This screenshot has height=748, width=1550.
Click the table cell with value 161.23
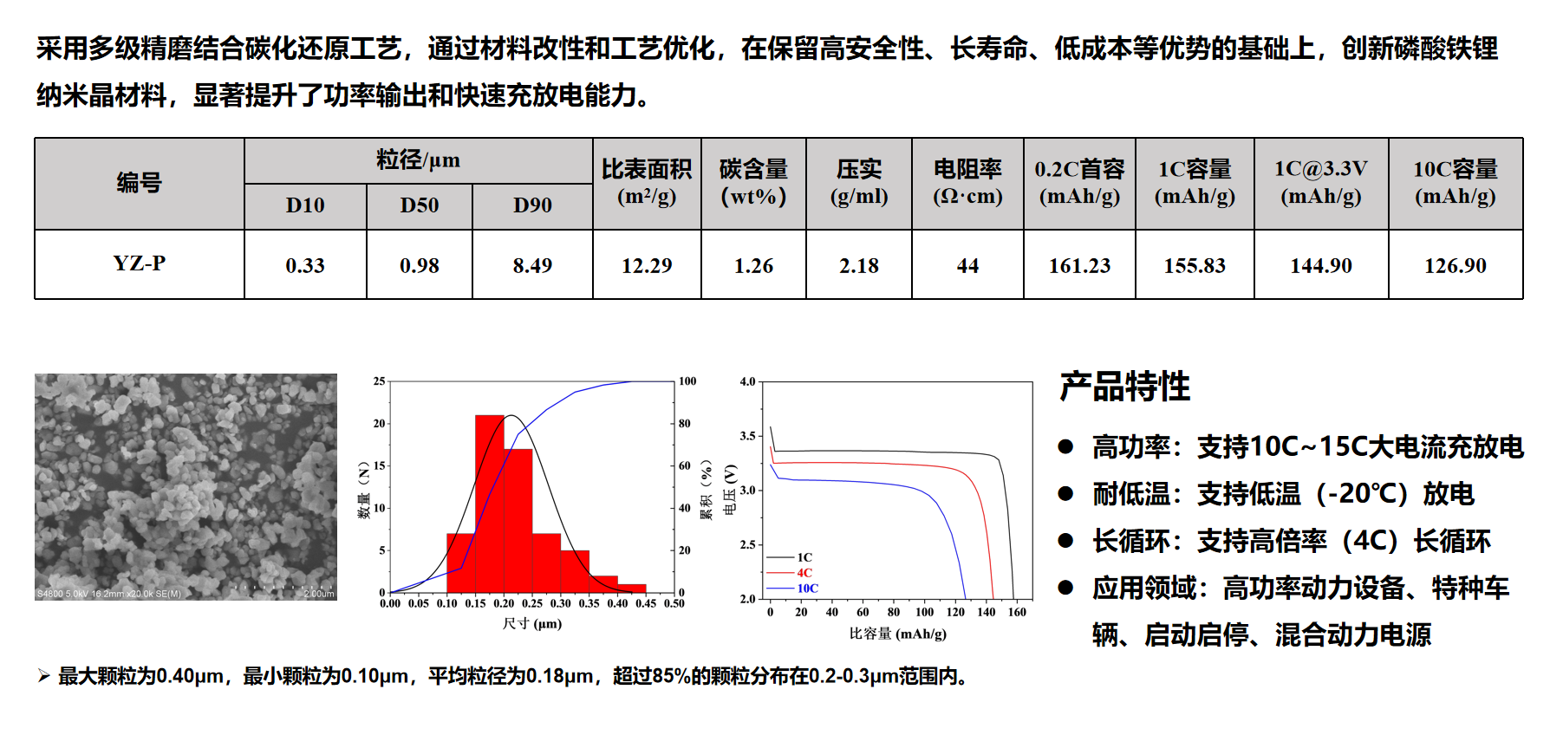pos(1079,265)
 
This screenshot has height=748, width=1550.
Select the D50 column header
pos(420,205)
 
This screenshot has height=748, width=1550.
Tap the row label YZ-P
pos(140,263)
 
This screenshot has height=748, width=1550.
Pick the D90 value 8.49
pos(532,265)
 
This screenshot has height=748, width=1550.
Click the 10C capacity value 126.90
pos(1456,265)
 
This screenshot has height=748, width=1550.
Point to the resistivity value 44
pos(967,265)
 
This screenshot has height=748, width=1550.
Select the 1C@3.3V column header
pos(1321,182)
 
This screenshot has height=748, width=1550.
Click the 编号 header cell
pos(140,183)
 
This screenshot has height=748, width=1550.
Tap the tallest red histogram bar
pos(490,504)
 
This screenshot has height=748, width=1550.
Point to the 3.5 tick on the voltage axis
pos(747,436)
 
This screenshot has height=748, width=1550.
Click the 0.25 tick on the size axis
pos(532,603)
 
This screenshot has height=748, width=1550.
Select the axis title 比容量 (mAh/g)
pos(898,634)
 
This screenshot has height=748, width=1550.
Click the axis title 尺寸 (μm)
pos(532,623)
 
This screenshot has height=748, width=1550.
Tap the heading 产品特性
pos(1124,387)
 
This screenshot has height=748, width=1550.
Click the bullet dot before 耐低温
pos(1065,494)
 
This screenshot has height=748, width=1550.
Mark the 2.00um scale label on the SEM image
pos(319,594)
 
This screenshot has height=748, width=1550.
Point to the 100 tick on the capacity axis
pos(925,612)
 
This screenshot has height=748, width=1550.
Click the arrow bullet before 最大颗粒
pos(44,676)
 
